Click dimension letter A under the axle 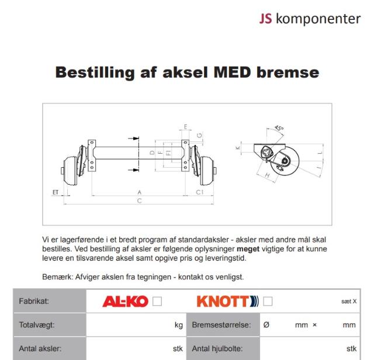coord(139,192)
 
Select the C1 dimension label coord(199,192)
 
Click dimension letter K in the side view coord(238,148)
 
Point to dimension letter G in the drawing coord(200,136)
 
